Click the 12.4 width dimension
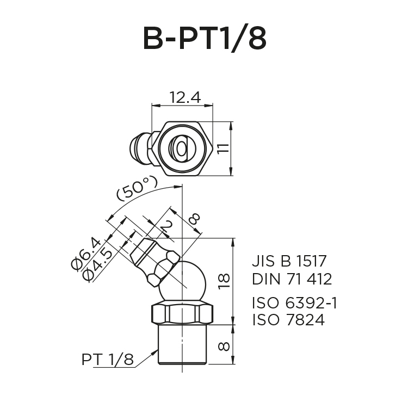coord(185,97)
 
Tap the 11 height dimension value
coord(222,148)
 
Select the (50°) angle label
coord(137,190)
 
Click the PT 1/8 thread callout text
coord(107,360)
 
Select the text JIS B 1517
coord(292,261)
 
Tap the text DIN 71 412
coord(292,280)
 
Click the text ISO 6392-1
coord(294,302)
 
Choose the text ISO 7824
coord(288,320)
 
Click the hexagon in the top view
coord(182,148)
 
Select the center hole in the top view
coord(180,148)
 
